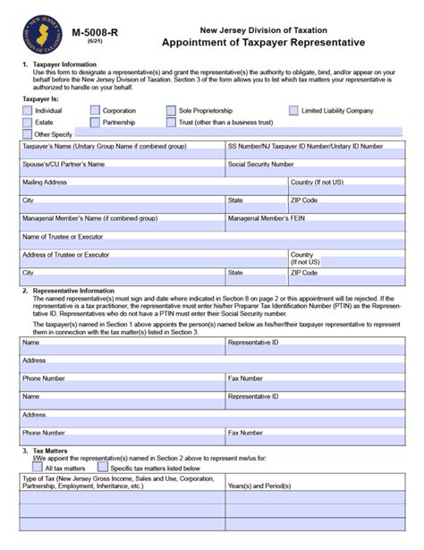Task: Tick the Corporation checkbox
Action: pyautogui.click(x=95, y=110)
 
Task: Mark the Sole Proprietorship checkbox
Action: pyautogui.click(x=171, y=110)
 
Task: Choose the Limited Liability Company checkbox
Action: pyautogui.click(x=294, y=110)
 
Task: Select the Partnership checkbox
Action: pyautogui.click(x=95, y=122)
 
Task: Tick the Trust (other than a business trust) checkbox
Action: pyautogui.click(x=171, y=122)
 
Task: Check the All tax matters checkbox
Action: pyautogui.click(x=38, y=467)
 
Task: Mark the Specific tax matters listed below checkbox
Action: pyautogui.click(x=102, y=467)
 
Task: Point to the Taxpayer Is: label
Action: pyautogui.click(x=42, y=97)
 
